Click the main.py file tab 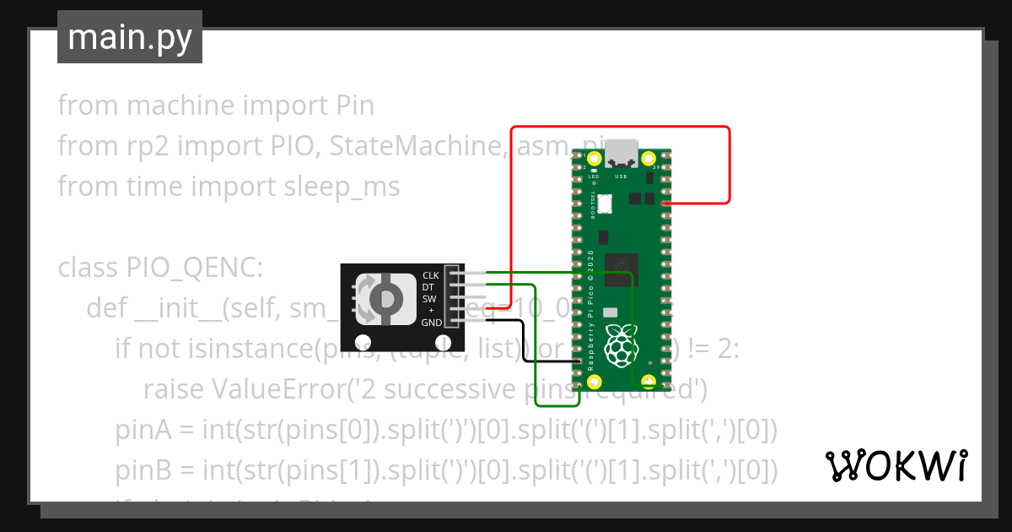(129, 37)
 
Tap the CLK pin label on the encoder (430, 275)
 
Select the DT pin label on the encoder (428, 287)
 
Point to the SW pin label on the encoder (428, 299)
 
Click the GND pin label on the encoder (431, 323)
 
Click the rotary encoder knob (387, 298)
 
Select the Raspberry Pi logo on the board (623, 344)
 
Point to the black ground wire (524, 342)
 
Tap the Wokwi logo (895, 465)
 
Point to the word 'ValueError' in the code (273, 389)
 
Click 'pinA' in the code (143, 430)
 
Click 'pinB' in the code (143, 470)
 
